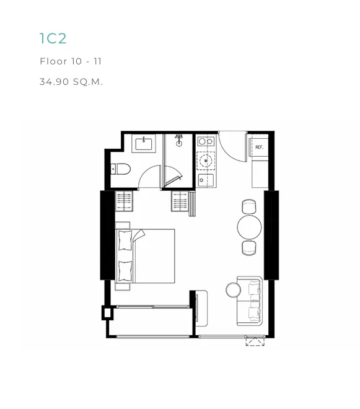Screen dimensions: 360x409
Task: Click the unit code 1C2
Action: (x=53, y=38)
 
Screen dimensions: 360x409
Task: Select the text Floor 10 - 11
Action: (x=71, y=61)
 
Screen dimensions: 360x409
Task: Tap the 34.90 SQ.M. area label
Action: (x=71, y=82)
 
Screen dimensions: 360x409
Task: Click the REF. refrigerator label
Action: (x=259, y=147)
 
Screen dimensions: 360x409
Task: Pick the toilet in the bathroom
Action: (x=121, y=169)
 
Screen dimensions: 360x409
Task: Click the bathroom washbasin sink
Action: (x=144, y=144)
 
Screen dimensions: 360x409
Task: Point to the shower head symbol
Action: (x=179, y=141)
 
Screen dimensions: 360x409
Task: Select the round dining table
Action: (x=249, y=227)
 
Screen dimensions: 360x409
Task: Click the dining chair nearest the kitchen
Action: (x=249, y=206)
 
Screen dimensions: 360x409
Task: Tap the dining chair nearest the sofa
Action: (x=249, y=247)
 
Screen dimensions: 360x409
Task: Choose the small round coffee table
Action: (x=233, y=290)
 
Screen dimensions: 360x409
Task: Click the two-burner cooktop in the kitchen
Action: (x=206, y=141)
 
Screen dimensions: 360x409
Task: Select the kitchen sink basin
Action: (x=206, y=180)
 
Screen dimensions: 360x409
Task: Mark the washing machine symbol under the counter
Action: (x=206, y=161)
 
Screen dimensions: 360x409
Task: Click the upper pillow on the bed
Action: (x=125, y=240)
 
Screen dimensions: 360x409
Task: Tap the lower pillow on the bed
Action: (x=125, y=271)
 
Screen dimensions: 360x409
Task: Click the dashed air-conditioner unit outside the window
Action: (x=255, y=341)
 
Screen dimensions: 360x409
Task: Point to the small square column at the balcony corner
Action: (x=107, y=313)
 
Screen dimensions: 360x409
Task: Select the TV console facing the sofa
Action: (x=201, y=309)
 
